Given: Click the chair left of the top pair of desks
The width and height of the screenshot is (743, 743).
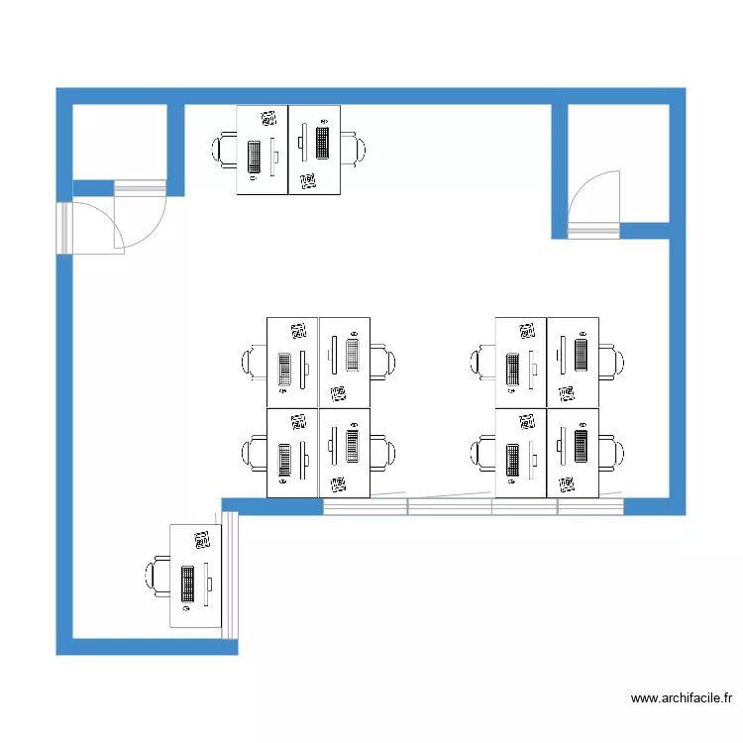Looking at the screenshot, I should [224, 150].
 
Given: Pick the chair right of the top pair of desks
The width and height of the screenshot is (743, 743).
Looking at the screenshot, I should [354, 149].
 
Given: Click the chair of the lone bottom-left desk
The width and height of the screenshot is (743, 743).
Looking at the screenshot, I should [158, 577].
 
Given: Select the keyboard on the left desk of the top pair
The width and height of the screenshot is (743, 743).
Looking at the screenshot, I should [255, 157].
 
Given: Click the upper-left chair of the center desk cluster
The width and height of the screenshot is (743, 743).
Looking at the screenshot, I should [255, 362].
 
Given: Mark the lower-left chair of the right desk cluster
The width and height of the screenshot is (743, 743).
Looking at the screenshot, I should [483, 453].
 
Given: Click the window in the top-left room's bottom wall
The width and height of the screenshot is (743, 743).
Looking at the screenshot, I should [140, 188].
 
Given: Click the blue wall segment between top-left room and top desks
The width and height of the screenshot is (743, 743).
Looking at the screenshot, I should [175, 149].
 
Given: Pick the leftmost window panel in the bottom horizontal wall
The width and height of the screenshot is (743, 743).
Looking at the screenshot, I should [366, 506].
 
